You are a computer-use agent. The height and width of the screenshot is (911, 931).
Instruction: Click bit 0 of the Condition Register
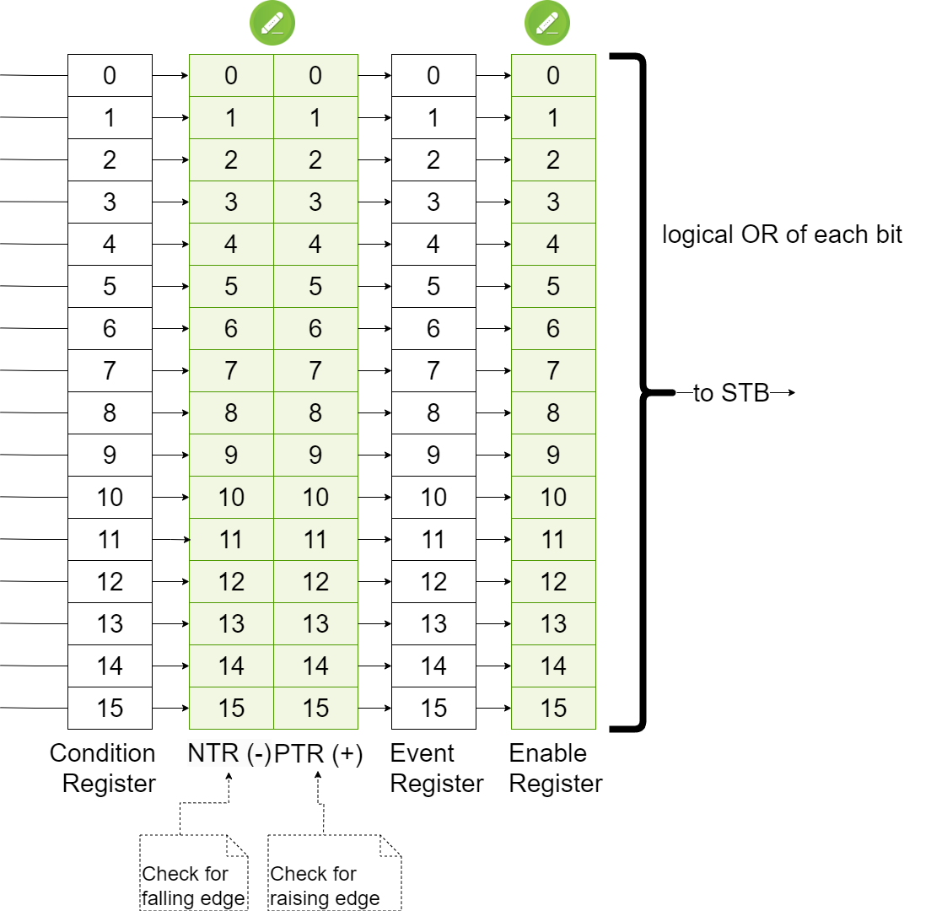point(110,75)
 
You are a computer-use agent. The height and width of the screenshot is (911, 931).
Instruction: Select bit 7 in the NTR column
point(231,370)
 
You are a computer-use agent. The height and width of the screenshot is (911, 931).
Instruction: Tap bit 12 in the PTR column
point(315,581)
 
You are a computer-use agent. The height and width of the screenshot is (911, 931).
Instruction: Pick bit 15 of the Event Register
point(433,708)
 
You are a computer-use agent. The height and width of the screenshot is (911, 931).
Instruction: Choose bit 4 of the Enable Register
point(553,244)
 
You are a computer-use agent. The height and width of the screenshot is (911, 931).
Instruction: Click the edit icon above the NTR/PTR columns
point(272,23)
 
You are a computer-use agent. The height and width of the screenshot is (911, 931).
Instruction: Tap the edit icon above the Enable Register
point(546,23)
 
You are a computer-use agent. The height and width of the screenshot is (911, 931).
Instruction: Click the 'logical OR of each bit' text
point(782,234)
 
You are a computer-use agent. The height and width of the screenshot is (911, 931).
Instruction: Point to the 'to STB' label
point(731,393)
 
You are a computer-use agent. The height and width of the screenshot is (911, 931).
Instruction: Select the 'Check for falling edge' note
point(194,872)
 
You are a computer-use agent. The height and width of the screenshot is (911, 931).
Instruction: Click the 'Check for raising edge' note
point(334,872)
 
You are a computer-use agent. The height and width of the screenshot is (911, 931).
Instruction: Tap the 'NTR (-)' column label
point(229,753)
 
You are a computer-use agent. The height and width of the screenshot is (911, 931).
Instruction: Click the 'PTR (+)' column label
point(318,753)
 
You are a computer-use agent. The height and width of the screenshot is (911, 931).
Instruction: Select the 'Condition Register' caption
point(103,768)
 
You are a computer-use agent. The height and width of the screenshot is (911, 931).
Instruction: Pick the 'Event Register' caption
point(437,768)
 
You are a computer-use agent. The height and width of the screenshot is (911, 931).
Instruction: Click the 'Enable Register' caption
point(556,768)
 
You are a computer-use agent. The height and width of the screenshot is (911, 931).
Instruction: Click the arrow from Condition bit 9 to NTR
point(171,455)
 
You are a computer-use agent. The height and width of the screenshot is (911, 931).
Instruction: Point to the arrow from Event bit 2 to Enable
point(494,159)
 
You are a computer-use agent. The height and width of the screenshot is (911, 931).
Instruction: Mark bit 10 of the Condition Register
point(110,497)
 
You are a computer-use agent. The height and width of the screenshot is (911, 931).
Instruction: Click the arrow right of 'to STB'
point(783,392)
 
